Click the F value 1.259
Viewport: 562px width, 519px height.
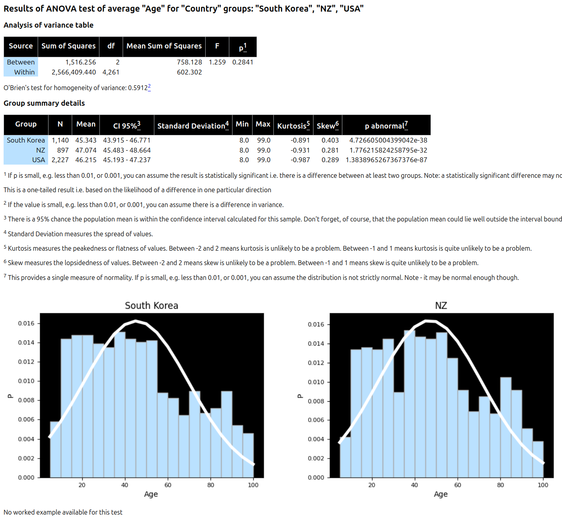(217, 62)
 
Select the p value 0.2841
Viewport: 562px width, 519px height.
(243, 62)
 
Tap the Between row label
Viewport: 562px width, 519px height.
(21, 62)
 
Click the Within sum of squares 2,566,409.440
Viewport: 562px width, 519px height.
(74, 72)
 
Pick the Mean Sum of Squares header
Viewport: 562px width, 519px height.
(164, 46)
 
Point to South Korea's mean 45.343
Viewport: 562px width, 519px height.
(86, 140)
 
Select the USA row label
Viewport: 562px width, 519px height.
(38, 160)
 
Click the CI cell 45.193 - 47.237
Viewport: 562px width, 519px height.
(127, 160)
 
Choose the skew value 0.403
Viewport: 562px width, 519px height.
(330, 140)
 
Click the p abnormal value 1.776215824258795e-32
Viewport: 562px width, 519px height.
(388, 150)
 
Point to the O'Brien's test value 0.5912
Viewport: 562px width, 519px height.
(137, 88)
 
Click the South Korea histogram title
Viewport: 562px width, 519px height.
(152, 306)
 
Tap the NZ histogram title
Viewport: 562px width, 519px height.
(441, 306)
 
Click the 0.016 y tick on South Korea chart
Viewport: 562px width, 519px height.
(26, 323)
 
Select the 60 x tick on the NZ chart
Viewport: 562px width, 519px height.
(457, 485)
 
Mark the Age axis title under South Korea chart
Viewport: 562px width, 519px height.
(151, 494)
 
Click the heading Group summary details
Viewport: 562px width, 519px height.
(44, 103)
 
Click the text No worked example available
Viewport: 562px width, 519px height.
(63, 512)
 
